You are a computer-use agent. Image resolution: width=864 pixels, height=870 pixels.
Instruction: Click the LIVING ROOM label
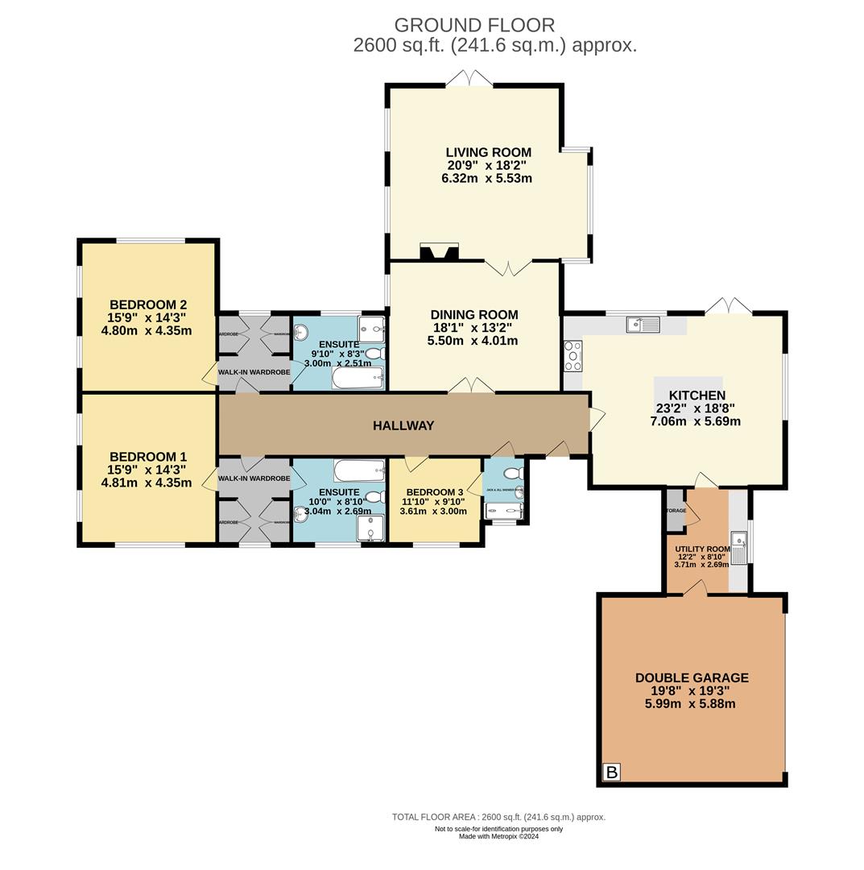point(488,152)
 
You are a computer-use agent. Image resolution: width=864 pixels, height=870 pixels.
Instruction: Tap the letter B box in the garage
point(611,773)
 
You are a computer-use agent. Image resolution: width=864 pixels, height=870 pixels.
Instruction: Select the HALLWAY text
point(403,425)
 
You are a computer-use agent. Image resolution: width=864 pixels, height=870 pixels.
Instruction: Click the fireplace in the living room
point(439,252)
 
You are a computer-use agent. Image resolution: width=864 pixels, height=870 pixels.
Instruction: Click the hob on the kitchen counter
point(573,356)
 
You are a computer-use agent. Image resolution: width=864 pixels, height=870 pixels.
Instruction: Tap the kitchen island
point(688,384)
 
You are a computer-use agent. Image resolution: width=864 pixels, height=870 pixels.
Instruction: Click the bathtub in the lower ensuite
point(359,470)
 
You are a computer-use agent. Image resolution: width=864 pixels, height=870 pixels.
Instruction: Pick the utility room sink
point(738,547)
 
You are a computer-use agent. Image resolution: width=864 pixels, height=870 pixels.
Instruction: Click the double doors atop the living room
point(469,78)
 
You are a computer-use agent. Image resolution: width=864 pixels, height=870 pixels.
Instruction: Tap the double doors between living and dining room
point(508,267)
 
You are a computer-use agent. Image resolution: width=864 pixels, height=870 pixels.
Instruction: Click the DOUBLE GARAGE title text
point(692,677)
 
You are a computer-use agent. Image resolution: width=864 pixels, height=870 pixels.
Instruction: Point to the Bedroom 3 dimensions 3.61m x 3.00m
point(433,511)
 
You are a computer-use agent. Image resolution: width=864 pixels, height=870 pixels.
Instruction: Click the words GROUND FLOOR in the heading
point(474,26)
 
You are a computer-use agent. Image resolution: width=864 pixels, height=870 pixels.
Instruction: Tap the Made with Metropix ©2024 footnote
point(498,836)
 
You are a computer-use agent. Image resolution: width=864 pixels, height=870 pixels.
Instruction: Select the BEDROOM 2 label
point(148,304)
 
